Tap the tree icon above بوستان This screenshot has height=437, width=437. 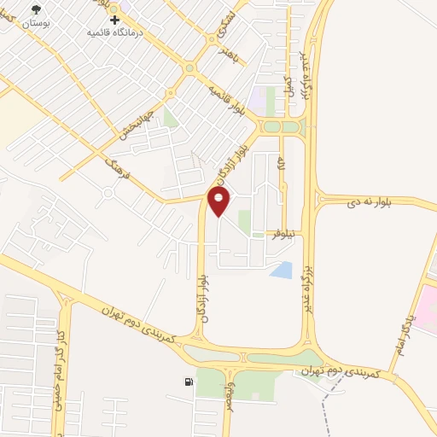(x=35, y=8)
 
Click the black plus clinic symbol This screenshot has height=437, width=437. (x=115, y=19)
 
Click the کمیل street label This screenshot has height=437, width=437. (x=288, y=88)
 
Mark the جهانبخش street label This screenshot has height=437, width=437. (x=137, y=125)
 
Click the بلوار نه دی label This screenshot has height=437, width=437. (x=374, y=201)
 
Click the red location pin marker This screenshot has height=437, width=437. (x=219, y=202)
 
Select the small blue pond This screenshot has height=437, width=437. (x=280, y=271)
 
